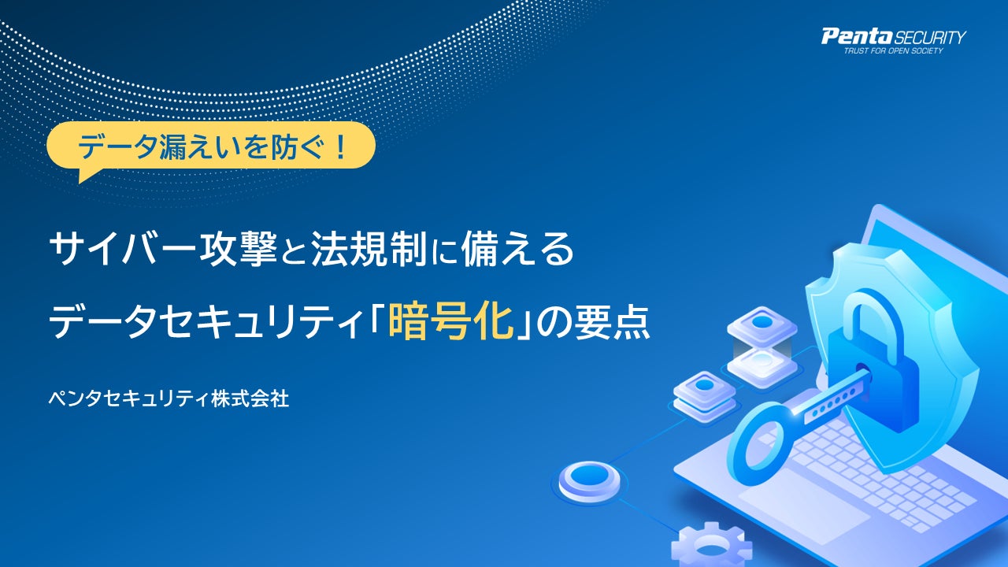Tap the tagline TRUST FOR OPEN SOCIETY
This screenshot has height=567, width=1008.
coord(893,51)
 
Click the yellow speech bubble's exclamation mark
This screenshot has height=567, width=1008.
coord(340,146)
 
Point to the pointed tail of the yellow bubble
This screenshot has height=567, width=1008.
coord(80,181)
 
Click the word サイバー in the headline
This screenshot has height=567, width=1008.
coord(122,249)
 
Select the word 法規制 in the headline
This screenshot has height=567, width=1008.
coord(369,249)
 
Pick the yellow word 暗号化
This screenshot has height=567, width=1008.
coord(450,322)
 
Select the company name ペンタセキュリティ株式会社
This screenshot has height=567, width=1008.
coord(169,398)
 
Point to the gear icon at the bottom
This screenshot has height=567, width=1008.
coord(711,547)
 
